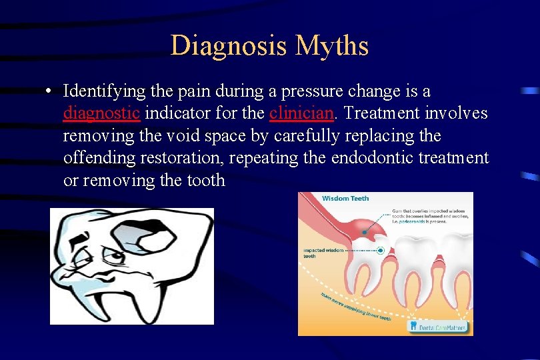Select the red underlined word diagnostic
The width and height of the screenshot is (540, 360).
tap(101, 113)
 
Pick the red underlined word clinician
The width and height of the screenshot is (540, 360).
tap(301, 113)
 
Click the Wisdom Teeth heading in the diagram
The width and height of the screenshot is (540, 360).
tap(345, 199)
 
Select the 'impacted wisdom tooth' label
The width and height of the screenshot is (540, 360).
tap(324, 253)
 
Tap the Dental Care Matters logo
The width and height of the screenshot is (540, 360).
tap(439, 326)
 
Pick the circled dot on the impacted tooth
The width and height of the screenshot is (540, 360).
tap(381, 251)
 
